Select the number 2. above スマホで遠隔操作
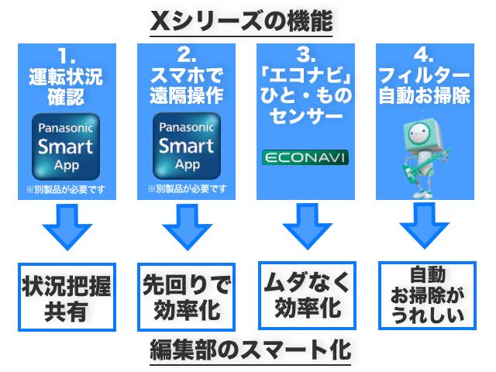[x=186, y=56]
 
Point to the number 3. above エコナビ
[x=305, y=56]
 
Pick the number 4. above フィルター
[x=424, y=56]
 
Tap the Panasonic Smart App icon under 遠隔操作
[x=186, y=146]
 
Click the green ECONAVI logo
[x=305, y=157]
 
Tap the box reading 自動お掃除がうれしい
[x=424, y=294]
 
